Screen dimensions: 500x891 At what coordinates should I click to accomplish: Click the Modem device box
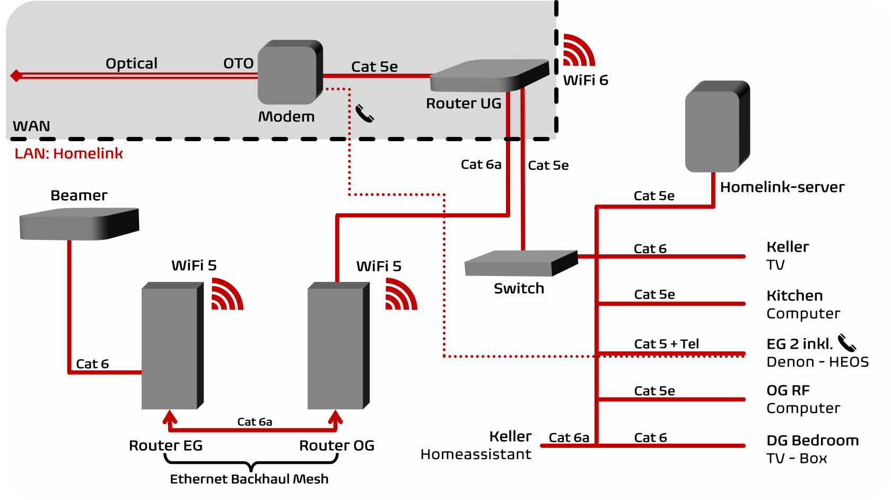(x=290, y=72)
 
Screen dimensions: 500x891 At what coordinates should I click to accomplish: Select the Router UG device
(x=488, y=76)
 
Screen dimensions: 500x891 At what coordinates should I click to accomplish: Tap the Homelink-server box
(x=717, y=126)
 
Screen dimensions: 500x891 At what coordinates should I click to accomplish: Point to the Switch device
(x=520, y=263)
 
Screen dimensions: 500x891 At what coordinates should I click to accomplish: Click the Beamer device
(x=78, y=223)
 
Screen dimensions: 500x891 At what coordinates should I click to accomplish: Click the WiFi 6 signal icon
(x=578, y=50)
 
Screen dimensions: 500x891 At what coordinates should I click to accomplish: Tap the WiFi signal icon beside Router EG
(x=226, y=294)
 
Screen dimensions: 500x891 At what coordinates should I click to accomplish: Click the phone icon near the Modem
(x=364, y=113)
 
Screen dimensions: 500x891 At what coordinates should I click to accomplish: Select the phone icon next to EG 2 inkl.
(x=847, y=343)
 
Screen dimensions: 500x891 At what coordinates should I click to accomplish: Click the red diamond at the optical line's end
(x=16, y=76)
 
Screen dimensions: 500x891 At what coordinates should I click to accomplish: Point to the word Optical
(x=132, y=64)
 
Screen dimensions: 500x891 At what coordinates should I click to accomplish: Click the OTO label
(x=238, y=64)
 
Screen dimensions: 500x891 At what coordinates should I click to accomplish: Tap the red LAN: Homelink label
(x=68, y=153)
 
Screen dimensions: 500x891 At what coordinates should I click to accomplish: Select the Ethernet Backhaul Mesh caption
(x=249, y=479)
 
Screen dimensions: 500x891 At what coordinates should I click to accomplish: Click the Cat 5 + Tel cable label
(x=666, y=344)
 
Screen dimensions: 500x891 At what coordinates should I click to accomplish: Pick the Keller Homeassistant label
(x=476, y=445)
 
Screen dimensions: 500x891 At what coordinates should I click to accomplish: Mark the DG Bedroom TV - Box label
(x=812, y=449)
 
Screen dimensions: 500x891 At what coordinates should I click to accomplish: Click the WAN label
(x=31, y=126)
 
